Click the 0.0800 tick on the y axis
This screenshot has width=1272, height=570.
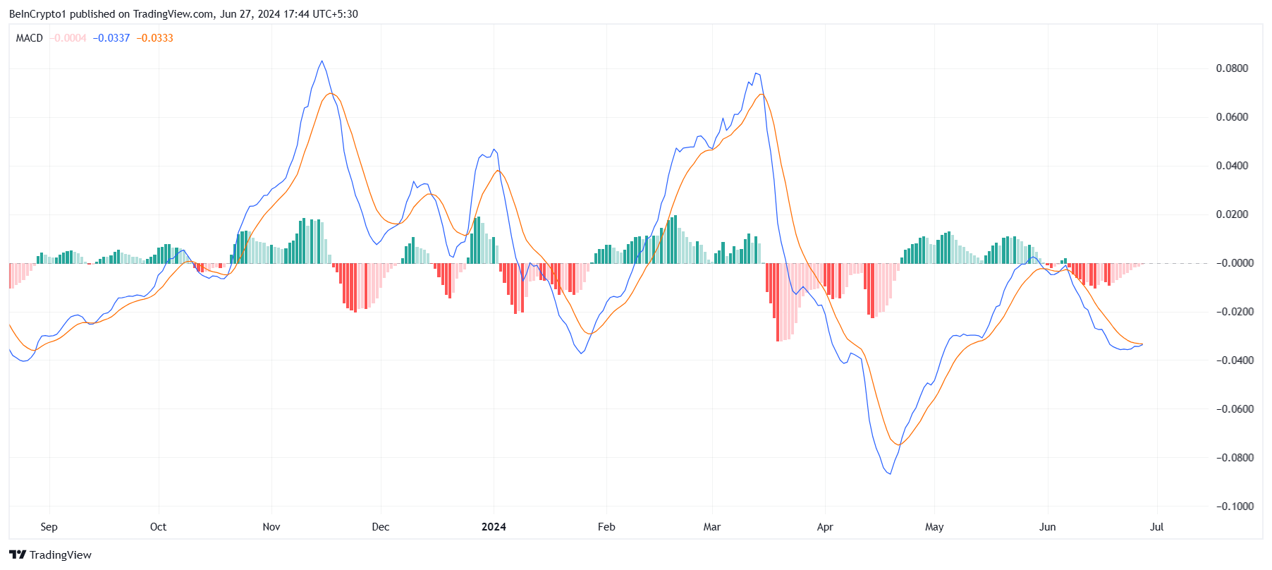(1231, 68)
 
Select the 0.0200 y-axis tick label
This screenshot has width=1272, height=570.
(1231, 214)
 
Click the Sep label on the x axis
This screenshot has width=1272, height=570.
(49, 527)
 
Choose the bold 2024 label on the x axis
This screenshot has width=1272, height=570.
(494, 527)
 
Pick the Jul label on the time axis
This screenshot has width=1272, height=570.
(1156, 527)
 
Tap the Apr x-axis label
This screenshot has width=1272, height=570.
(825, 527)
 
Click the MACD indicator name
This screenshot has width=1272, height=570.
(30, 38)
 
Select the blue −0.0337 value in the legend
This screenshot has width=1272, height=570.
(111, 38)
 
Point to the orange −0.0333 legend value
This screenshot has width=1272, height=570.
(154, 38)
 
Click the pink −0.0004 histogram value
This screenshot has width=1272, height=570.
(68, 38)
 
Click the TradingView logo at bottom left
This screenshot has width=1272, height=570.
(50, 554)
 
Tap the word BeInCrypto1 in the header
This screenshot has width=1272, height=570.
(37, 14)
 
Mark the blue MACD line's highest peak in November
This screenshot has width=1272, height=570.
(322, 61)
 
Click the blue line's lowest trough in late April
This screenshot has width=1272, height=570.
(890, 473)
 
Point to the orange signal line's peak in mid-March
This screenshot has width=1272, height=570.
(761, 95)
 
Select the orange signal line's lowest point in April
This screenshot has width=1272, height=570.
(898, 444)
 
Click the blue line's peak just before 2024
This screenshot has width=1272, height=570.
(494, 150)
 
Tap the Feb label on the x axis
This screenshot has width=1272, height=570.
(606, 527)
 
